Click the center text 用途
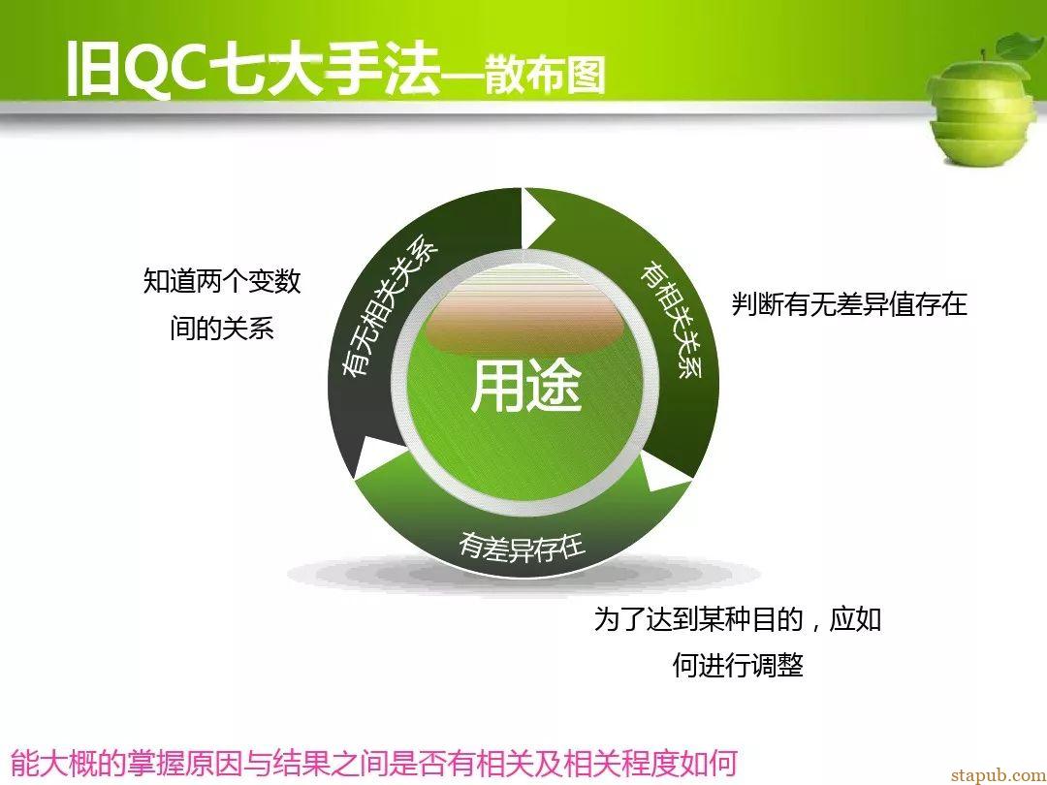(526, 386)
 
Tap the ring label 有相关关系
(672, 321)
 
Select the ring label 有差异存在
(522, 547)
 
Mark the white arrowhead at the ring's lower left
(375, 457)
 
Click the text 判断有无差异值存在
(849, 304)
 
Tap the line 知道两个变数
(222, 281)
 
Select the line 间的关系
(222, 329)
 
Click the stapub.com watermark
(998, 774)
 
